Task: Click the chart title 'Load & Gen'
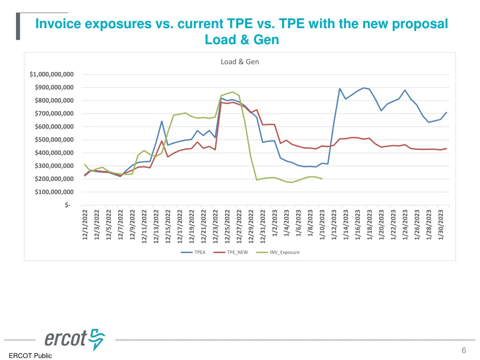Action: pyautogui.click(x=240, y=61)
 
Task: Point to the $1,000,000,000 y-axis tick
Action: pyautogui.click(x=51, y=74)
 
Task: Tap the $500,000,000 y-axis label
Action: pyautogui.click(x=54, y=140)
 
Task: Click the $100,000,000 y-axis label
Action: pyautogui.click(x=54, y=192)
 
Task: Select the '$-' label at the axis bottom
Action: pyautogui.click(x=68, y=205)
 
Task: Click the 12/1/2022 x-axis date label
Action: pyautogui.click(x=85, y=225)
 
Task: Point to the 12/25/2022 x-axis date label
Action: pyautogui.click(x=228, y=225)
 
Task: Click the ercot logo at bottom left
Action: pyautogui.click(x=75, y=338)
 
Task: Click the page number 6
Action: pyautogui.click(x=464, y=350)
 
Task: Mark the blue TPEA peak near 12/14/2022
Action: pyautogui.click(x=162, y=121)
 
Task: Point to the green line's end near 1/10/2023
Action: pyautogui.click(x=322, y=179)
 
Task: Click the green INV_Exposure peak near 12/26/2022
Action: pyautogui.click(x=233, y=92)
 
